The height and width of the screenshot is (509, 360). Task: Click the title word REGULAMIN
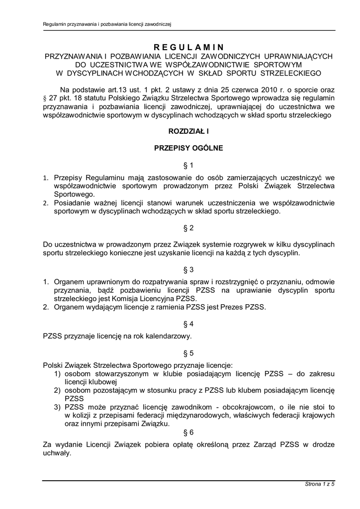(x=188, y=47)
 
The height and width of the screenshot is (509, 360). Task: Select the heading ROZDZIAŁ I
(x=188, y=131)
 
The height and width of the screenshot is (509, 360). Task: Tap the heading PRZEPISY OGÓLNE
(x=188, y=148)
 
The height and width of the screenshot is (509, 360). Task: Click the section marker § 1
(x=188, y=165)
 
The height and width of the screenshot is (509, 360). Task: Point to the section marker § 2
(x=188, y=228)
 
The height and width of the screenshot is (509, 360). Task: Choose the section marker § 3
(x=188, y=270)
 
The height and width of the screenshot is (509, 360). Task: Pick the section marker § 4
(x=188, y=324)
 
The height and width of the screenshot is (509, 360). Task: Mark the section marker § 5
(x=188, y=353)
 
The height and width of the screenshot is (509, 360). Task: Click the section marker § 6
(x=188, y=432)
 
